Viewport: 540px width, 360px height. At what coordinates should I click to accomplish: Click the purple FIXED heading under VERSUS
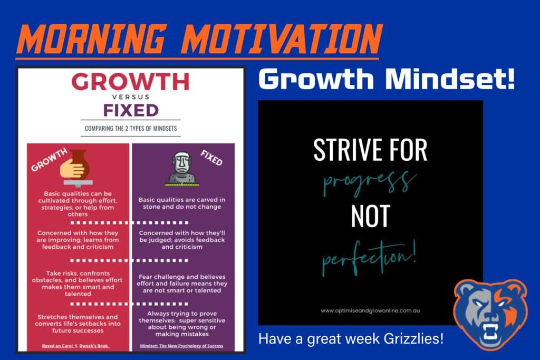(x=130, y=111)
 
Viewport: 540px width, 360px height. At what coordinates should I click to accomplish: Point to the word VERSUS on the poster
(x=130, y=97)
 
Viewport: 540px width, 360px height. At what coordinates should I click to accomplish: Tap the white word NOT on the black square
(x=370, y=217)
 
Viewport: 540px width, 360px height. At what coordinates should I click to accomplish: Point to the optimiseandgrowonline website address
(x=370, y=310)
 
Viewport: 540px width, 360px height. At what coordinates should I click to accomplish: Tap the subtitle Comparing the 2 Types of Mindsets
(x=130, y=128)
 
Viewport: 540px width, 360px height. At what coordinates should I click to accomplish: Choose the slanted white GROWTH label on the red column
(x=49, y=160)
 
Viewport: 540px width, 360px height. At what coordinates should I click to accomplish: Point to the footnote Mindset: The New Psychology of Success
(x=181, y=346)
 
